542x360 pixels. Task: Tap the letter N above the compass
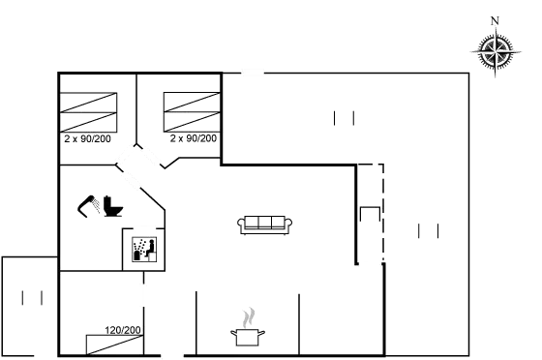click(495, 19)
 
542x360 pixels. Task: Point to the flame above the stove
click(250, 316)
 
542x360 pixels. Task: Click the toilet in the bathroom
click(112, 206)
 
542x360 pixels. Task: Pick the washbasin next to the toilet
click(89, 206)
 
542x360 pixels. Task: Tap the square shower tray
click(144, 250)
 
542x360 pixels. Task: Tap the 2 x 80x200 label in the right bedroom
click(193, 138)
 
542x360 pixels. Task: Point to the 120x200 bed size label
click(125, 330)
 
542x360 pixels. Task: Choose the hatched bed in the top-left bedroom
click(89, 111)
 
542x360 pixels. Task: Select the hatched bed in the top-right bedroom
click(193, 113)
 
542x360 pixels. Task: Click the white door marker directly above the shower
click(144, 228)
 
